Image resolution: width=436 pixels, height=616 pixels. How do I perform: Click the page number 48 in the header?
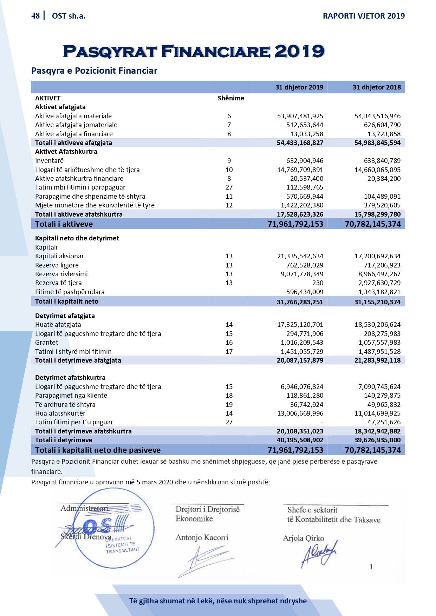click(35, 16)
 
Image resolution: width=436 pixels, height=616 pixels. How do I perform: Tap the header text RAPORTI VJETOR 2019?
click(364, 16)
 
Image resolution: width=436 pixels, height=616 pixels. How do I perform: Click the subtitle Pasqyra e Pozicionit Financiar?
click(94, 71)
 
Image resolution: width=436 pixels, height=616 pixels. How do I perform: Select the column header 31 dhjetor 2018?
click(377, 87)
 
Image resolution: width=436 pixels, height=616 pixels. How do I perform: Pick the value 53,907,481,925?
click(300, 116)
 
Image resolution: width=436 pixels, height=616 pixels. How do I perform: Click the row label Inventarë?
click(50, 161)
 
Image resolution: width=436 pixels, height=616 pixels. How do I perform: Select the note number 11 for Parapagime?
click(229, 197)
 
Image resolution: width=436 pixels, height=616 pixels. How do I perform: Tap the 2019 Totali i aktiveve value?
click(295, 224)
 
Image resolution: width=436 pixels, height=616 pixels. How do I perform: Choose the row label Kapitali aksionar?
click(59, 256)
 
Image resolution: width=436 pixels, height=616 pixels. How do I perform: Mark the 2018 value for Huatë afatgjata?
click(377, 325)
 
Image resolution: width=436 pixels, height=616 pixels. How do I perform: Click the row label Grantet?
click(47, 343)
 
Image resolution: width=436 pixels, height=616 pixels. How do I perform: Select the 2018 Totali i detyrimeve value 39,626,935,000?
click(377, 440)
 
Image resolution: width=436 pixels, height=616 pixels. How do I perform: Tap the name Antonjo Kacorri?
click(202, 538)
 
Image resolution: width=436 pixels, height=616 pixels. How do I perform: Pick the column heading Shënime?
click(231, 98)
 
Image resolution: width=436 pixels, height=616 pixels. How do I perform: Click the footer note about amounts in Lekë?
click(218, 601)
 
